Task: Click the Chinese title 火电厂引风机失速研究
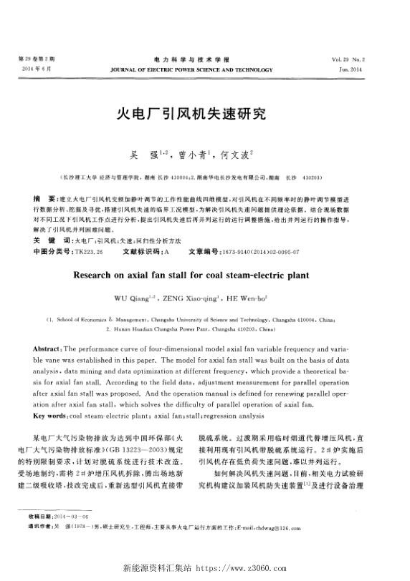tap(191, 113)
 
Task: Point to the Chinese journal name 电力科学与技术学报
tap(191, 57)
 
